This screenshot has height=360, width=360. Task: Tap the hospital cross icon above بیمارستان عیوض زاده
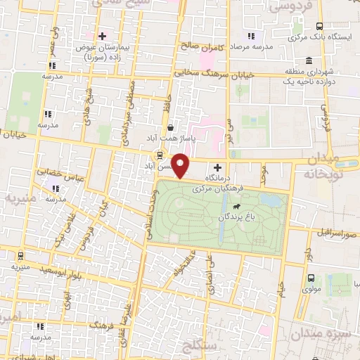[x=103, y=35]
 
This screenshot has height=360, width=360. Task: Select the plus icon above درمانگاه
[x=217, y=167]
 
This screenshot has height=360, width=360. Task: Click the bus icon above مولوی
[x=311, y=277]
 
